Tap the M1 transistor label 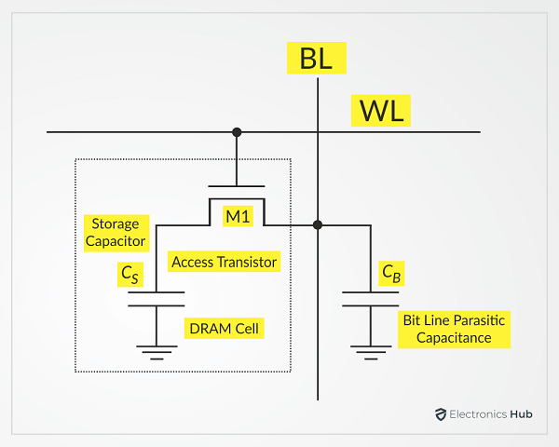237,217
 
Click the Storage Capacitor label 116,233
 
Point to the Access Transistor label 224,262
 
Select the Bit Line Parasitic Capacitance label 455,329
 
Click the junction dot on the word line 237,132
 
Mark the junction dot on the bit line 318,224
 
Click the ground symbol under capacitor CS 156,351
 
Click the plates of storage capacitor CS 156,299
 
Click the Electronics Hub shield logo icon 441,415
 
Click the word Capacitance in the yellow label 455,338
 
